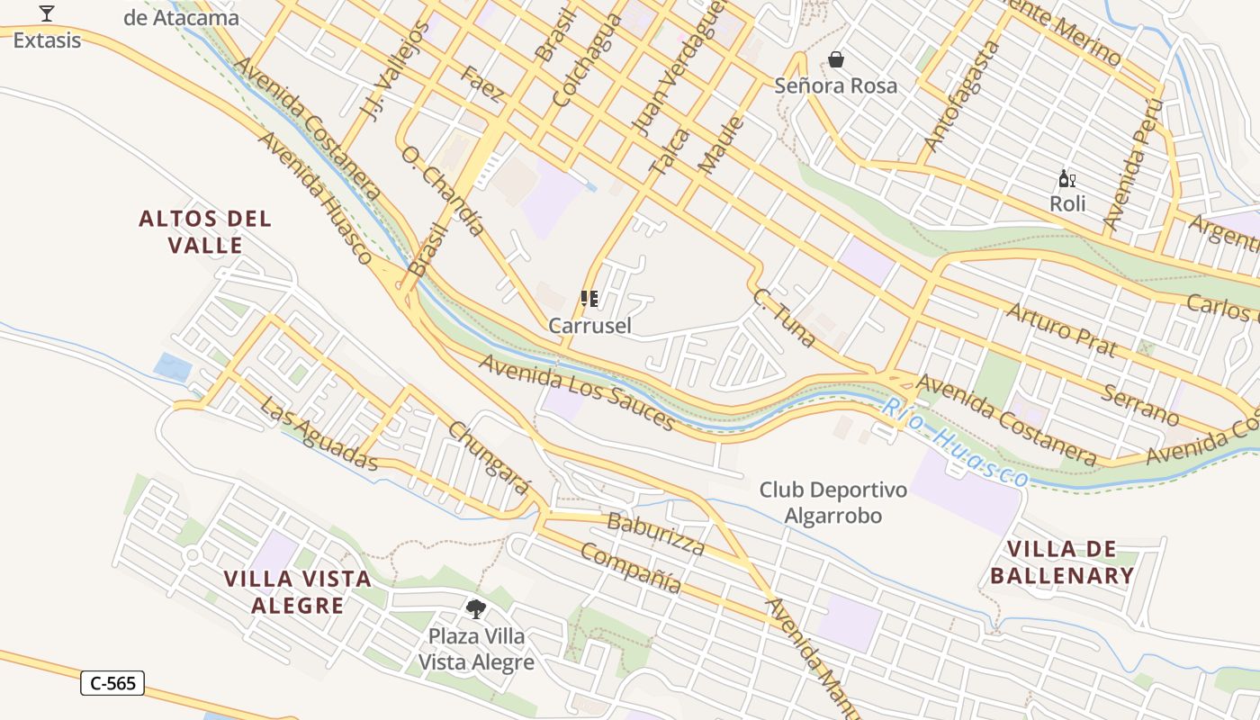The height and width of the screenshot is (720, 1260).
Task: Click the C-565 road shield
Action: click(112, 683)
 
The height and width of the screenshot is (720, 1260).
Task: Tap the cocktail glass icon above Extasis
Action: click(47, 13)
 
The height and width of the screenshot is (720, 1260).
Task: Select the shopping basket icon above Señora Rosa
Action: click(836, 59)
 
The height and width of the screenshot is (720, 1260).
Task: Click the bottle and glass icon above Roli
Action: click(1067, 178)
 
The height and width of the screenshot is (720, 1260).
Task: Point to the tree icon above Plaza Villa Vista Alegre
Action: click(476, 609)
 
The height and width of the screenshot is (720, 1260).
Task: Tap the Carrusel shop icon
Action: click(589, 299)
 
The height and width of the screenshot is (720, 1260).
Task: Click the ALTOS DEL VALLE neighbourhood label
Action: click(205, 232)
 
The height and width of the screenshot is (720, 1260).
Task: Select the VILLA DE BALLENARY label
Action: click(1062, 562)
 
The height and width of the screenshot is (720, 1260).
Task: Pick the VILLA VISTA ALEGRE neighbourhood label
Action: click(298, 591)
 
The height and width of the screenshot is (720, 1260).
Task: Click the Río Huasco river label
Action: click(954, 444)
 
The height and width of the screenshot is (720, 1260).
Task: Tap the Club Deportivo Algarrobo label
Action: click(832, 503)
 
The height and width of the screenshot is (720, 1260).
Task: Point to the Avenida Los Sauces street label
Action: click(576, 391)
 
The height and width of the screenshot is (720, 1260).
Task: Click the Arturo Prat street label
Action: click(1061, 329)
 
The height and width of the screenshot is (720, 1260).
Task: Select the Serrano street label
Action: click(1140, 403)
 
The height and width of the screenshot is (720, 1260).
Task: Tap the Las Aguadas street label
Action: click(319, 433)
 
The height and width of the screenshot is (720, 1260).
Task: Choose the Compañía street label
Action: click(630, 568)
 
